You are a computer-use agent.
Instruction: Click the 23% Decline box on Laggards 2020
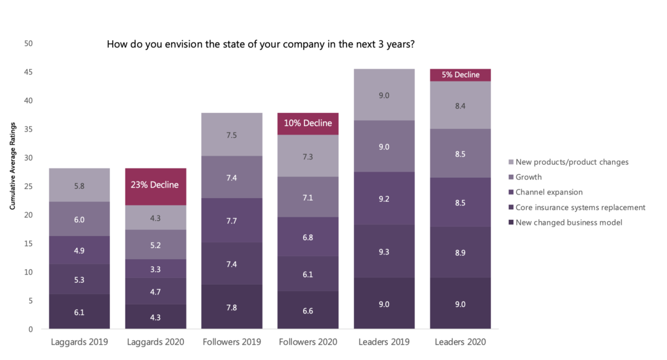[x=155, y=185]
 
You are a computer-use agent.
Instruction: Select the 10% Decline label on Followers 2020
[x=308, y=123]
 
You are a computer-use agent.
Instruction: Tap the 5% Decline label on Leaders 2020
[x=460, y=75]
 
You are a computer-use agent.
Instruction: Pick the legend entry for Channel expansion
[x=548, y=192]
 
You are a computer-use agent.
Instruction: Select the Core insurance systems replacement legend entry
[x=580, y=207]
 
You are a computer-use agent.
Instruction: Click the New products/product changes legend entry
[x=572, y=162]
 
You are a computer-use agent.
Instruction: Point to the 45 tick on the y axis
[x=28, y=72]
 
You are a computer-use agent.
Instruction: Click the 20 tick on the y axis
[x=28, y=215]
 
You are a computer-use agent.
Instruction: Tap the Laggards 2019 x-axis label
[x=79, y=342]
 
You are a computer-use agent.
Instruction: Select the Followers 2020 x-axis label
[x=308, y=342]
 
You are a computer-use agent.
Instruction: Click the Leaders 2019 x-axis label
[x=384, y=342]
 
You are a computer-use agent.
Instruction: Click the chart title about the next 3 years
[x=260, y=44]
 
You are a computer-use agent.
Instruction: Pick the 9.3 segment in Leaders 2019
[x=384, y=251]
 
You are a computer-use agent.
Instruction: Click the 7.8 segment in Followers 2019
[x=232, y=307]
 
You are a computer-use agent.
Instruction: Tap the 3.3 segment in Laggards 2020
[x=155, y=269]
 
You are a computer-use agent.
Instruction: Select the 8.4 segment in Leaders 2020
[x=460, y=105]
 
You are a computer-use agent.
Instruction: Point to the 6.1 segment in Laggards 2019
[x=79, y=312]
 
